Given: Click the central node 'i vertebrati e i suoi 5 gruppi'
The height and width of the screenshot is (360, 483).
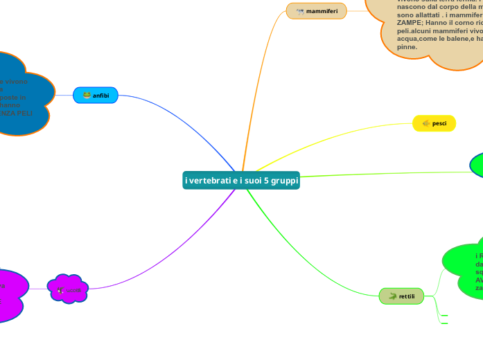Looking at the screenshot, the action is [x=242, y=180].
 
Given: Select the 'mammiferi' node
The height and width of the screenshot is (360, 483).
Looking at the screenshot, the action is [x=316, y=11].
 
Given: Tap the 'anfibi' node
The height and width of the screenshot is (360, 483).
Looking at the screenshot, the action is [x=96, y=96].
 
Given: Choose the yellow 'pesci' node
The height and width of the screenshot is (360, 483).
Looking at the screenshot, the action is [x=434, y=123].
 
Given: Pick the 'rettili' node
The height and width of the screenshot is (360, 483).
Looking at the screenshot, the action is [x=401, y=296].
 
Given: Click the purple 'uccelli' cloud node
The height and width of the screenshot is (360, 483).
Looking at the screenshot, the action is [x=68, y=289].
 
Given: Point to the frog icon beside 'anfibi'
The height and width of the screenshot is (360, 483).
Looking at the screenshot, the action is [x=87, y=96].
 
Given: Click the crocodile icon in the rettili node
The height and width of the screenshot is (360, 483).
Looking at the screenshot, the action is [x=392, y=296].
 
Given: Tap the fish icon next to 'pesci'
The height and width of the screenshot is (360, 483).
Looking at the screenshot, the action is [x=425, y=123].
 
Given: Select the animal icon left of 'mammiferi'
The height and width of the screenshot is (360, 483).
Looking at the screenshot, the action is [x=300, y=11].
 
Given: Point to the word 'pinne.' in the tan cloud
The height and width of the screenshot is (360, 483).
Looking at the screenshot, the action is [x=407, y=47].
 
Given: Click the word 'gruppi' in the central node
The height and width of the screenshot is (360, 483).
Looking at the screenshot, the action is [x=284, y=180].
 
